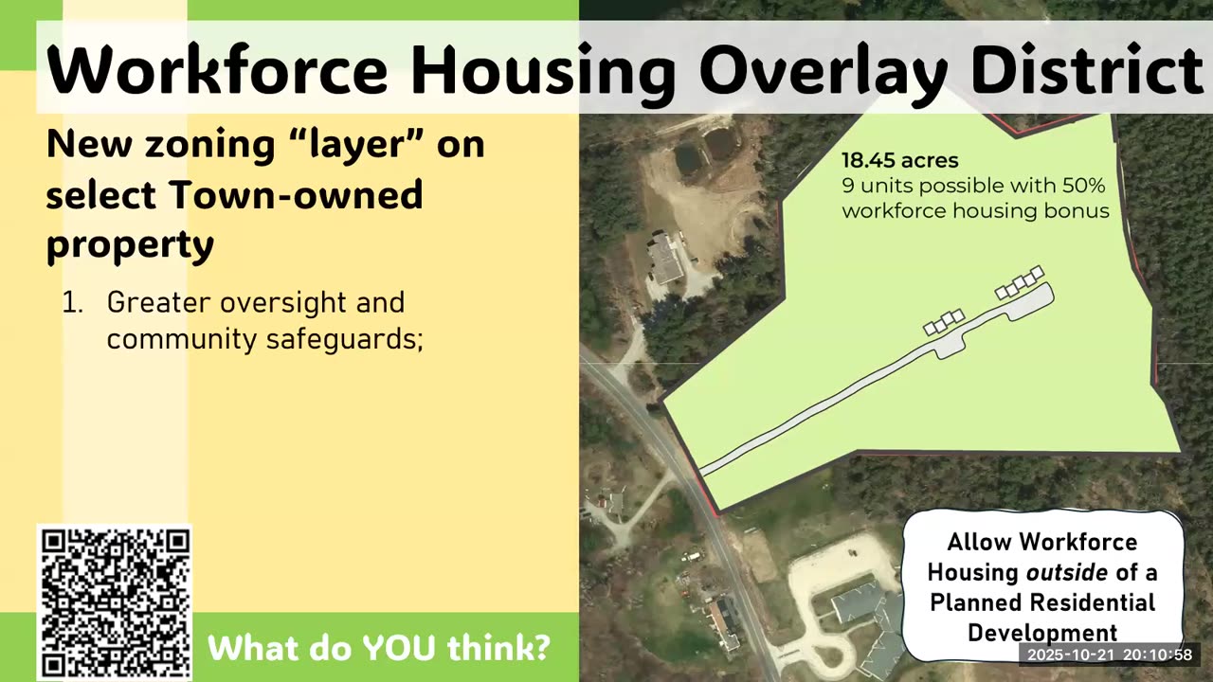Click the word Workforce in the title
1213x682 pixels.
[217, 69]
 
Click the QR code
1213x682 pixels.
[115, 603]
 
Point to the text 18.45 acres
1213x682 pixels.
[900, 160]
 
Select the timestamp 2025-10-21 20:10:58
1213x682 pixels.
[1110, 655]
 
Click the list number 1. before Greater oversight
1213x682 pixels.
[74, 303]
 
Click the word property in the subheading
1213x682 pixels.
[130, 244]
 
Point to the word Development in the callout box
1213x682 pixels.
[1041, 632]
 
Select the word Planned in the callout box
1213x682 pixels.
[981, 602]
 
